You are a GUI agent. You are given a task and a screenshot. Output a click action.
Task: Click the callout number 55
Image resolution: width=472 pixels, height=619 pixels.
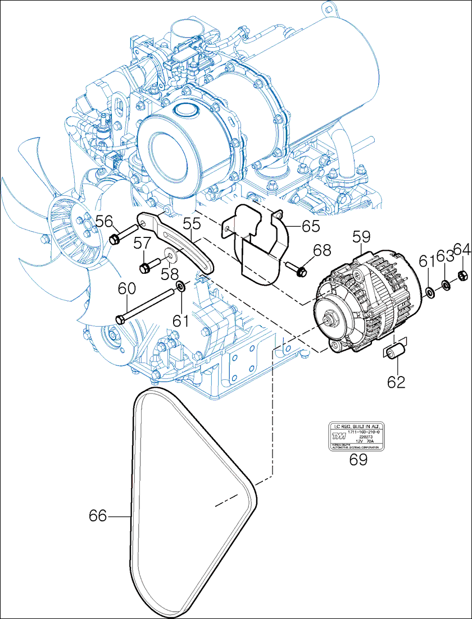click(192, 223)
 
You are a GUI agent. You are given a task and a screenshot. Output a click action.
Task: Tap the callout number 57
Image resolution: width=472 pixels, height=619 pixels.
click(142, 242)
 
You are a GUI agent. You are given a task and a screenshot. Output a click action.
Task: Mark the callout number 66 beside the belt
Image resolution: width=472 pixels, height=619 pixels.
click(98, 516)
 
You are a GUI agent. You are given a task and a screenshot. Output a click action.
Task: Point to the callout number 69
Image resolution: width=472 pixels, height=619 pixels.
click(358, 460)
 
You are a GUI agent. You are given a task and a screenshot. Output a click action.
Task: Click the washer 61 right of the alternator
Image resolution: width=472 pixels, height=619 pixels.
click(430, 291)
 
